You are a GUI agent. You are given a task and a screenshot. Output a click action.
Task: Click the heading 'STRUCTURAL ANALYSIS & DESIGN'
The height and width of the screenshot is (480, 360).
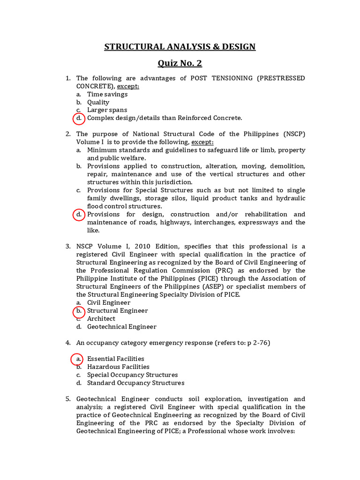[x=180, y=46]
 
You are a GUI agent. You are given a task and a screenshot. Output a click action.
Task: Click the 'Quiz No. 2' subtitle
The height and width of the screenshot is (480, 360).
[x=180, y=63]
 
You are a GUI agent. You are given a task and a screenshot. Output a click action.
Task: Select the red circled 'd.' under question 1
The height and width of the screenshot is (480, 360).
[x=79, y=118]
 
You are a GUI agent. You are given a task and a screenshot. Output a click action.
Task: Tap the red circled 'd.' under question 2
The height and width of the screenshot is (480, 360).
[x=79, y=215]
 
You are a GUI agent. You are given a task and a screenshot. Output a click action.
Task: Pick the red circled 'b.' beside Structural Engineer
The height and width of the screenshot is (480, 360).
[x=79, y=311]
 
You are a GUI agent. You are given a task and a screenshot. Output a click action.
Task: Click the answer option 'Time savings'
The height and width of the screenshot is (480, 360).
[x=107, y=94]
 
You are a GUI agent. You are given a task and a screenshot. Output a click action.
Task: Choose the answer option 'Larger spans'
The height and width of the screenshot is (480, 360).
[x=107, y=110]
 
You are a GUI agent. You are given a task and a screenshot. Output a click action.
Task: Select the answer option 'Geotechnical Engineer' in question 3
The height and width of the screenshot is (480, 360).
[x=121, y=327]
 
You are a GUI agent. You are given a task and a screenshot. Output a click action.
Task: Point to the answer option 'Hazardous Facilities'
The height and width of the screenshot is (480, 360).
[x=118, y=367]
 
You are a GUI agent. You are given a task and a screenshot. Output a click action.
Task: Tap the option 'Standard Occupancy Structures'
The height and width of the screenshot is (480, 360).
[x=135, y=383]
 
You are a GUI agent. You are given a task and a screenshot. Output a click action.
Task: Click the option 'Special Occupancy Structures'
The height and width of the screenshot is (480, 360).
[x=132, y=375]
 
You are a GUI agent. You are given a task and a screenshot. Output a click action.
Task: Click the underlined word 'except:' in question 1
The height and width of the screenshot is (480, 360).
[x=128, y=86]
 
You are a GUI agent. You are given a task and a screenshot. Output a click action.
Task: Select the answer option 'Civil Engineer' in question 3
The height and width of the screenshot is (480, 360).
[x=109, y=303]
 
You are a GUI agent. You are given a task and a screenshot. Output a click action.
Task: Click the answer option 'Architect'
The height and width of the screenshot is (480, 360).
[x=101, y=319]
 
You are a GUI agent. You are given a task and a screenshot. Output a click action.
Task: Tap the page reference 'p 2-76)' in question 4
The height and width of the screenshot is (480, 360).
[x=258, y=343]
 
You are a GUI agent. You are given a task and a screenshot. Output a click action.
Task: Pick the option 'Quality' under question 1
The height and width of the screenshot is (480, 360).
[x=98, y=102]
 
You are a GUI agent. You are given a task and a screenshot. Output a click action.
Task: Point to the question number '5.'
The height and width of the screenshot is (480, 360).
[x=67, y=399]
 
